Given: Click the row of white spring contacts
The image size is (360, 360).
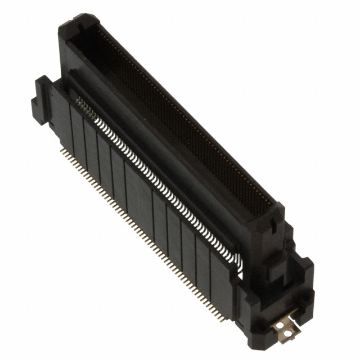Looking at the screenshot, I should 157,180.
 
